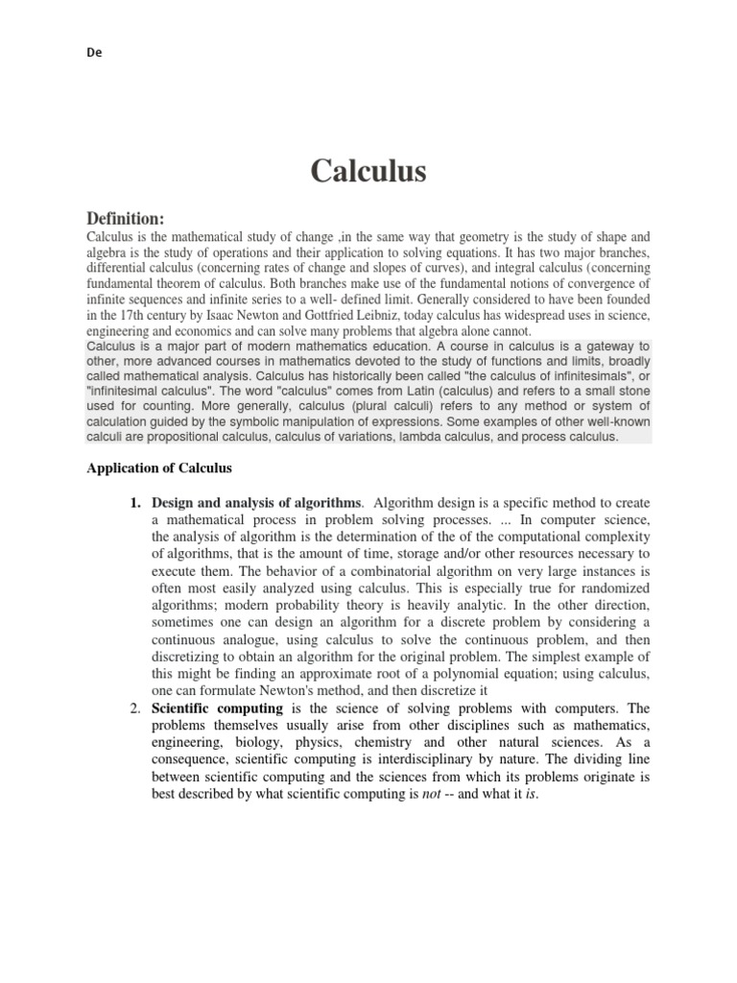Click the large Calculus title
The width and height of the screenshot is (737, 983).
pos(368,171)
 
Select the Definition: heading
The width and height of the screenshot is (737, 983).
pos(127,219)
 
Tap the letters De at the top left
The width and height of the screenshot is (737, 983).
pos(93,54)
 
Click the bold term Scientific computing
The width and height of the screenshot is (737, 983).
pos(217,707)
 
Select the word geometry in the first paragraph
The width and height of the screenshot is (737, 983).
pos(499,236)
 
